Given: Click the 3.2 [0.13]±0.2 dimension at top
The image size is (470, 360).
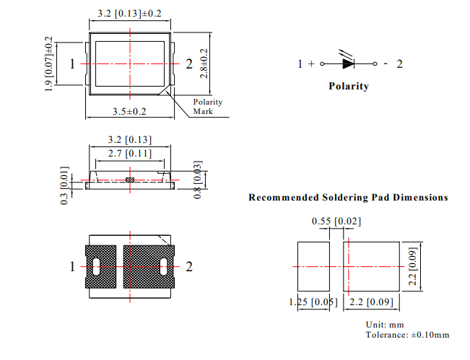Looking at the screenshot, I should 130,12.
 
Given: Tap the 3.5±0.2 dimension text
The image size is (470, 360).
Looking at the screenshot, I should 130,112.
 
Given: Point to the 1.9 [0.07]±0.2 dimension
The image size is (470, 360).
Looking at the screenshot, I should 49,64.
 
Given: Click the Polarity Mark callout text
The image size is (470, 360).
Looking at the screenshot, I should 208,107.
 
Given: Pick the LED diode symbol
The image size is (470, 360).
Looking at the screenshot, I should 348,63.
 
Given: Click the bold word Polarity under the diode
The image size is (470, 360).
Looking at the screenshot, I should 348,87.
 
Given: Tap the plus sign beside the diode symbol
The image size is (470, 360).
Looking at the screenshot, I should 311,64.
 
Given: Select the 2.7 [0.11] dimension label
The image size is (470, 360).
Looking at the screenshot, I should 129,154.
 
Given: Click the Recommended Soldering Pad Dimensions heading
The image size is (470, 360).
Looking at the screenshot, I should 348,197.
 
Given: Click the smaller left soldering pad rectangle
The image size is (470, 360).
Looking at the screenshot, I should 313,266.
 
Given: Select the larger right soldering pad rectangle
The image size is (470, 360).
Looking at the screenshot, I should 373,266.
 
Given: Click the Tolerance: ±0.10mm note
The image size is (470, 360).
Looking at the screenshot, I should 407,335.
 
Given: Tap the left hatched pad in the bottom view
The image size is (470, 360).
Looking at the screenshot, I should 100,266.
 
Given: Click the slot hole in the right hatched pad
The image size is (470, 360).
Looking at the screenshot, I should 164,266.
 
